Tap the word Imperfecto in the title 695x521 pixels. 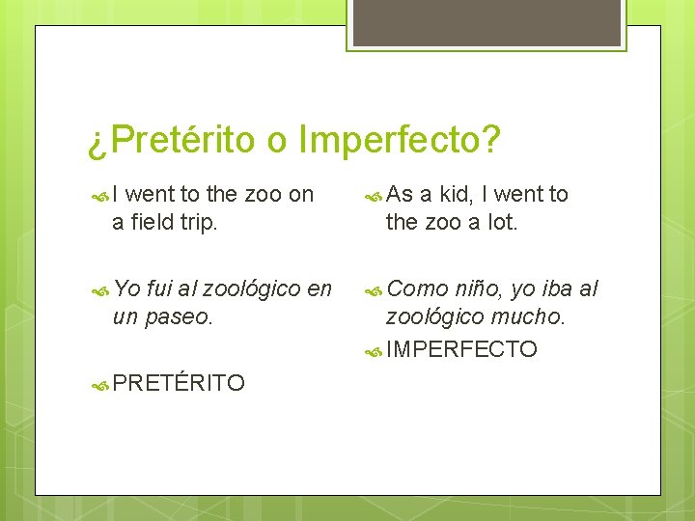399,141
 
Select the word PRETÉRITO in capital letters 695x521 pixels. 179,384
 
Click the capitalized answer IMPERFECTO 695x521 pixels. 461,349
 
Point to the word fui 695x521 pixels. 160,288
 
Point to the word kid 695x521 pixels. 450,194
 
